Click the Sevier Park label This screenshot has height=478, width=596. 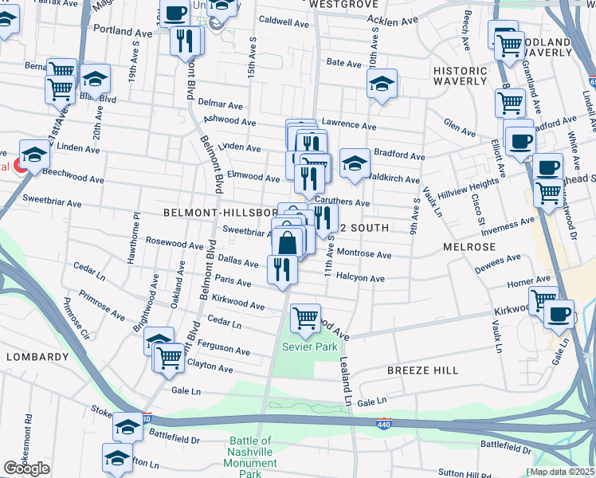pos(310,347)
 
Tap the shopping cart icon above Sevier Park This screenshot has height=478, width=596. pos(305,319)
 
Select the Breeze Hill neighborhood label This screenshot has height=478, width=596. pos(422,370)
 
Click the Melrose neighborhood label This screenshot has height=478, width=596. pos(469,248)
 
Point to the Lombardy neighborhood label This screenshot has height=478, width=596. pos(37,357)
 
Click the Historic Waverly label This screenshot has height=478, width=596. pos(460,76)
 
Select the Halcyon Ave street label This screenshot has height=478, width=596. pos(362,279)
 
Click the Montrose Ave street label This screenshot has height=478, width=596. pos(364,255)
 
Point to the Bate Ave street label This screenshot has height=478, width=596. pos(344,62)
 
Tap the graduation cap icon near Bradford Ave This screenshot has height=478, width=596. pos(355,163)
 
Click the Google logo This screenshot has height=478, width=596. pos(26,469)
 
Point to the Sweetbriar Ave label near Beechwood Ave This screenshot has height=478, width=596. pos(52,204)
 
